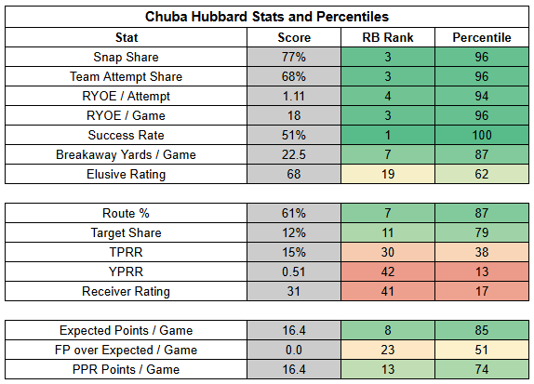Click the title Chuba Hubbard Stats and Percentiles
pyautogui.click(x=267, y=17)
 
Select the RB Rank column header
pyautogui.click(x=388, y=37)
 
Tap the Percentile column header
pyautogui.click(x=482, y=37)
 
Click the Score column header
pyautogui.click(x=294, y=37)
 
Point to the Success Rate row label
pyautogui.click(x=126, y=135)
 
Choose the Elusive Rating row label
pyautogui.click(x=126, y=174)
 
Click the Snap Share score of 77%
pyautogui.click(x=294, y=57)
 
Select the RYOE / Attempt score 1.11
pyautogui.click(x=294, y=96)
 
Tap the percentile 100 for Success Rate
pyautogui.click(x=482, y=135)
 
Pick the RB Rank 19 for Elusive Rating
pyautogui.click(x=388, y=174)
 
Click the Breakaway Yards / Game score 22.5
pyautogui.click(x=294, y=154)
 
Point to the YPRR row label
pyautogui.click(x=126, y=271)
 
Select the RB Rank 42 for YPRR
pyautogui.click(x=388, y=271)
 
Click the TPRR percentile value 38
pyautogui.click(x=482, y=252)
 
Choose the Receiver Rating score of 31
pyautogui.click(x=294, y=291)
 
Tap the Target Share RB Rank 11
pyautogui.click(x=388, y=232)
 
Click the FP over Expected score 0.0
pyautogui.click(x=294, y=350)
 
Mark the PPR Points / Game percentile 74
pyautogui.click(x=482, y=369)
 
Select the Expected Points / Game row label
pyautogui.click(x=126, y=331)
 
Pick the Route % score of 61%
pyautogui.click(x=294, y=213)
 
